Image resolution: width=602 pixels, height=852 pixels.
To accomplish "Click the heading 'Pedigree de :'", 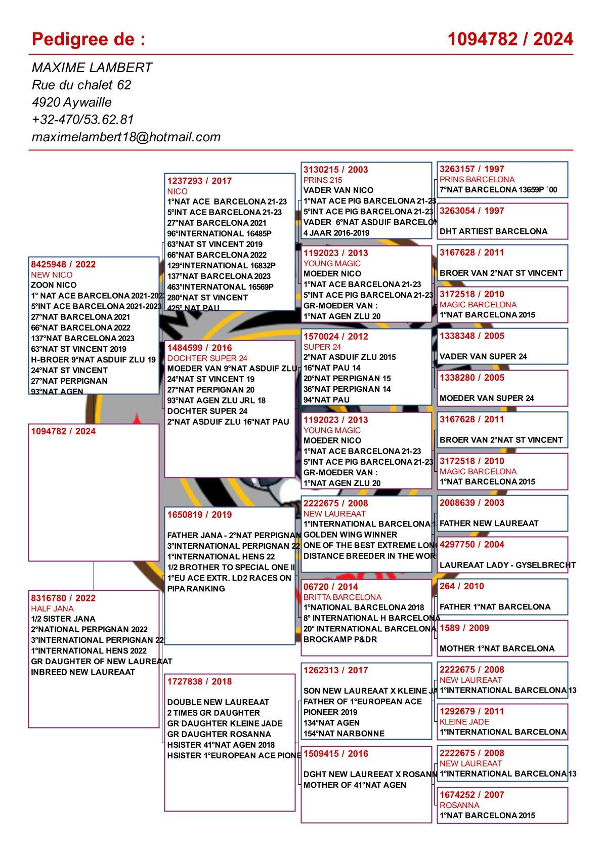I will point(89,39).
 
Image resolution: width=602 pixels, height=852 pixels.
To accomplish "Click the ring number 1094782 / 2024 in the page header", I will point(510,39).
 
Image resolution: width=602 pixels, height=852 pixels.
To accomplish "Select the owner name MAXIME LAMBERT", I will point(92,67).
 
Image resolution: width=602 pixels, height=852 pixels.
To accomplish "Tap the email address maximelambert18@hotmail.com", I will point(126,137).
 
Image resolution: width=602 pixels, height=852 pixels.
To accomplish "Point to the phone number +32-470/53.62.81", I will point(82,119).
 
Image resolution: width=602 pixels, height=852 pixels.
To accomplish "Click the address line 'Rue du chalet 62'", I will point(81,85).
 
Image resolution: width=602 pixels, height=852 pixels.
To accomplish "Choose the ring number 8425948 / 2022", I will point(63,264).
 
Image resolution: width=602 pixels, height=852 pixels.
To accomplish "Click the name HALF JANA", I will point(52,608).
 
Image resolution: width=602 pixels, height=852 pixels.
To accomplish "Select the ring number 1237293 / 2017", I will point(199,181).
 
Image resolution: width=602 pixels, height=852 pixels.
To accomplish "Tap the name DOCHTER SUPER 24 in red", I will point(207,358).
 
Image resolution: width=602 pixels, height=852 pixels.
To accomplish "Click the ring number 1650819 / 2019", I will point(199,514).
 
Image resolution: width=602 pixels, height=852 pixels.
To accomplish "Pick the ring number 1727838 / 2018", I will point(199,681).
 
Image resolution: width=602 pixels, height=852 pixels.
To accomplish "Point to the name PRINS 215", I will point(323,180).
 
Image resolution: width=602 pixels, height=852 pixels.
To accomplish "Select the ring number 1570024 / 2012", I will point(335,336).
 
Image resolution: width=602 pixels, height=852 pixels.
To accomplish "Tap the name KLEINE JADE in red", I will point(464,721).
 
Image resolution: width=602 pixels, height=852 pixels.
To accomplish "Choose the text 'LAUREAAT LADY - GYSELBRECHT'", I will point(507,565).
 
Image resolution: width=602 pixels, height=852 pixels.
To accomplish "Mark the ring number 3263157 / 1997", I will point(471,169).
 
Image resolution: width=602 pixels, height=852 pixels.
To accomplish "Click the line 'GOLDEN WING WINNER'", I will point(350,535).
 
